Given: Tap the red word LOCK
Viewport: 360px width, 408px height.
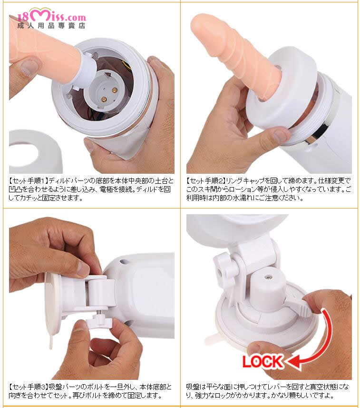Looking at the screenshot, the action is pyautogui.click(x=262, y=362).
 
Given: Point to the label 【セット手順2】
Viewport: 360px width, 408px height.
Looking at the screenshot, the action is pyautogui.click(x=206, y=180).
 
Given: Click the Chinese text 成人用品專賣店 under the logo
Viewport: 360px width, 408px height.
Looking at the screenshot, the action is pyautogui.click(x=51, y=26).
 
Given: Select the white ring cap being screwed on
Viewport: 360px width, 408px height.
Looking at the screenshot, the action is pyautogui.click(x=281, y=89).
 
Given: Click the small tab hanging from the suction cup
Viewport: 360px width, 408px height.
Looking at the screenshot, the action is pyautogui.click(x=51, y=343).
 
